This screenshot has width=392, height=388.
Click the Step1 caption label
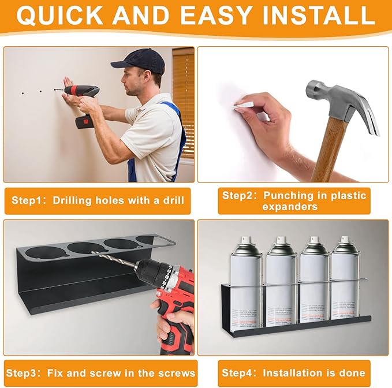[x=98, y=200]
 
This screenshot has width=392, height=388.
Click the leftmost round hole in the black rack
[x=44, y=252]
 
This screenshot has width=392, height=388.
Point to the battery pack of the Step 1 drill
[x=84, y=122]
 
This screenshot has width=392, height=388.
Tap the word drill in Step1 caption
[x=171, y=200]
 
